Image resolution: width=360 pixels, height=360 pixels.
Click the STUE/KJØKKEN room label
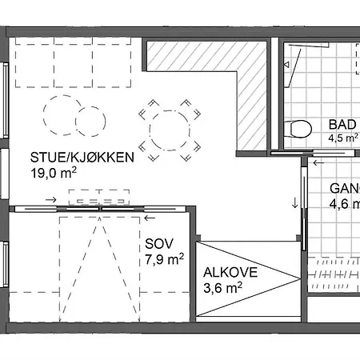tap(82, 158)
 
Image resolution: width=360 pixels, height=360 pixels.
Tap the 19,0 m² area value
tap(54, 173)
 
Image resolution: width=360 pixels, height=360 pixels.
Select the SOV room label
tap(159, 244)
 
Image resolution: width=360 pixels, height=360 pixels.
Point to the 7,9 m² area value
tap(165, 259)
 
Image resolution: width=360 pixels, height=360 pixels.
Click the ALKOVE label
tap(230, 273)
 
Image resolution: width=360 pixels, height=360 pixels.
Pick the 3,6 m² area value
tap(223, 288)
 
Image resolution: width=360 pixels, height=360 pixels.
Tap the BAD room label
tap(342, 125)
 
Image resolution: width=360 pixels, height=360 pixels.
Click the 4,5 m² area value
tap(343, 138)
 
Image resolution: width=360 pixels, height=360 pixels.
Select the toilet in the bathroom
tap(298, 129)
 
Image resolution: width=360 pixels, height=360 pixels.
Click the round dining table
tap(170, 130)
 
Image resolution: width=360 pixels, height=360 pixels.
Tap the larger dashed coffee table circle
tap(63, 115)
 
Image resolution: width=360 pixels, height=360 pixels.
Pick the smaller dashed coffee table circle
tap(90, 122)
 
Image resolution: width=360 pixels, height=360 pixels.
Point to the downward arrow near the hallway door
tap(295, 202)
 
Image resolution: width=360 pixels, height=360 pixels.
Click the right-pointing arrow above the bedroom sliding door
tap(51, 199)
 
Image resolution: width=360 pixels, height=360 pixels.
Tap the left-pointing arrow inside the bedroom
tap(150, 218)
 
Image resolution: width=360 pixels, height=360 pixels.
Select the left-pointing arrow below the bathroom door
tap(318, 162)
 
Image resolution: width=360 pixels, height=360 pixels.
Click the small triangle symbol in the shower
tap(286, 65)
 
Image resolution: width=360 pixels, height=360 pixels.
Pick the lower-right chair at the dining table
tap(190, 152)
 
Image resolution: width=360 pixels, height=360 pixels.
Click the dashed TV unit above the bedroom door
tap(99, 198)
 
